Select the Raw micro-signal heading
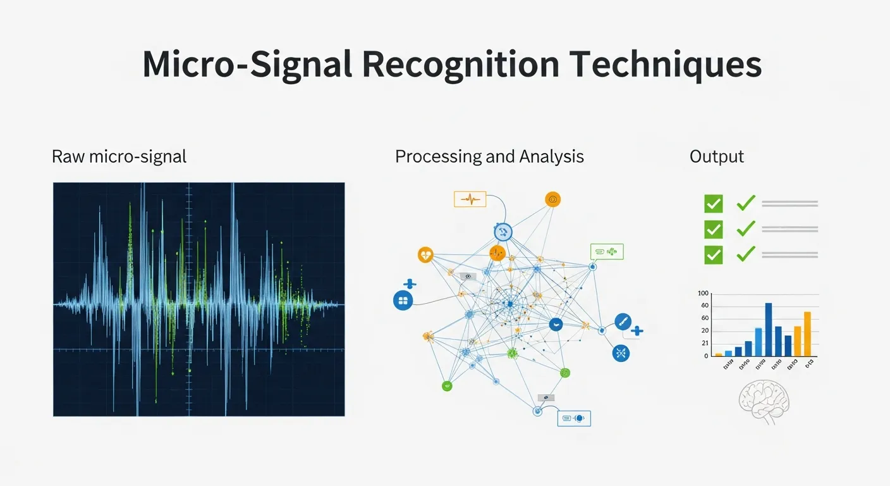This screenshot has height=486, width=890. pos(119,156)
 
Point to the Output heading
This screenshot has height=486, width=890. pos(717,156)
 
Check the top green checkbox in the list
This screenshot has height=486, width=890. pos(713,204)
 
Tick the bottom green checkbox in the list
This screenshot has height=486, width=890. pos(713,254)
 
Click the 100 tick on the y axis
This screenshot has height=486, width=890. pos(704,294)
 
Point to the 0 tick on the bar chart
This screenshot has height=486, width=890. pos(706,356)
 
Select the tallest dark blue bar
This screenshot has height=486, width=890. pos(769,329)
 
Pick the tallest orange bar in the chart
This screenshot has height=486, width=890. pos(807,333)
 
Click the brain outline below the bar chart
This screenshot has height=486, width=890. pos(765,401)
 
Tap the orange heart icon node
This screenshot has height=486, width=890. pos(426,255)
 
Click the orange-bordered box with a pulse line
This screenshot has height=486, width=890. pos(470,199)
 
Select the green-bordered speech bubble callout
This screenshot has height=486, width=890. pos(606,251)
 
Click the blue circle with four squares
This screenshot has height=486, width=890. pos(403,300)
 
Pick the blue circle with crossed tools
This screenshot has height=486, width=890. pos(621,352)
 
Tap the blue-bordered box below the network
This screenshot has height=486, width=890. pos(573,418)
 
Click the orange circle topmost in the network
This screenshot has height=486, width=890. pos(552,199)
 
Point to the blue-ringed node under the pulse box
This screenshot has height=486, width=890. pos(503,232)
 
